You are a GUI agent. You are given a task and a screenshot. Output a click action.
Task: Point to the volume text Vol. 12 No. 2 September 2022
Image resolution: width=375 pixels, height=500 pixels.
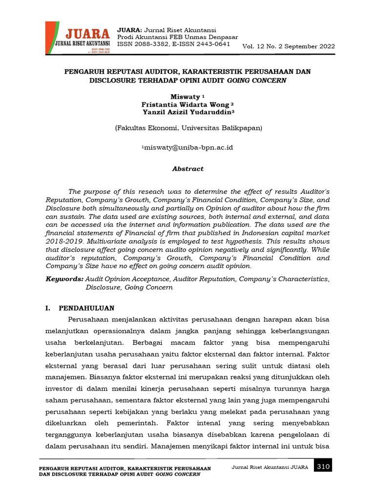point(289,46)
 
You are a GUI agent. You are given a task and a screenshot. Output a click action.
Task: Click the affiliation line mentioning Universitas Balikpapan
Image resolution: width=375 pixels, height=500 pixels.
point(188,128)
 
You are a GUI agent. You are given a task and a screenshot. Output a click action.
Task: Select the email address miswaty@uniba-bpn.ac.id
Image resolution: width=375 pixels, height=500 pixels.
point(188,147)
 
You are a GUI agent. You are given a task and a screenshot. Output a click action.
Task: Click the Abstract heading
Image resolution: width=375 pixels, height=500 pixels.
point(188,168)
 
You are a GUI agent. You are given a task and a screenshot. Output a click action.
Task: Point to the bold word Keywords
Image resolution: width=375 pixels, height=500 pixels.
point(64,279)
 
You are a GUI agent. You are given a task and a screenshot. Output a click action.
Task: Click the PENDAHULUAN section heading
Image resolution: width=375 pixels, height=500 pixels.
point(86,308)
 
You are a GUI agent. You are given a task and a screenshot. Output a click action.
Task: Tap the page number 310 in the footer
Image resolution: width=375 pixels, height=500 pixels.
point(323,467)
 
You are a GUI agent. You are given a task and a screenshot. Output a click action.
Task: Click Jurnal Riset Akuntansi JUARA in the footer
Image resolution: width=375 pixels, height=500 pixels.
point(270,467)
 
